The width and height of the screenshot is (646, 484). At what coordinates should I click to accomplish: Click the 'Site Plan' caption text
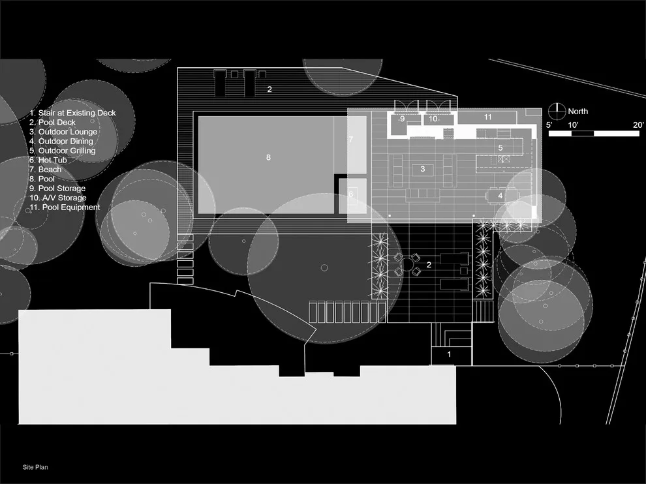(35, 467)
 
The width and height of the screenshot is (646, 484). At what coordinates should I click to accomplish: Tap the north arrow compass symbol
(557, 112)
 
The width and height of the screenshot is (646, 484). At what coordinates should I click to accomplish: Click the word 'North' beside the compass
(577, 112)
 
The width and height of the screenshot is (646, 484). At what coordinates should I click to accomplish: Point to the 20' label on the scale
(638, 125)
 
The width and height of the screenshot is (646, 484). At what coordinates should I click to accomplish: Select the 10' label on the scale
(573, 125)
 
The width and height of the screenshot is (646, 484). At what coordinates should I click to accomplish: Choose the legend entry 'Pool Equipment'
(64, 207)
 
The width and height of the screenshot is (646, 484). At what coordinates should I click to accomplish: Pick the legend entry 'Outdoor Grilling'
(62, 150)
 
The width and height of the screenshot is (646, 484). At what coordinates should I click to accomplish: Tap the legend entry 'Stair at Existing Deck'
(72, 113)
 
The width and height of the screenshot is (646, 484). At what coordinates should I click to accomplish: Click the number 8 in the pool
(268, 157)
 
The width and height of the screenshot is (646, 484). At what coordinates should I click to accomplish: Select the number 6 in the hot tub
(351, 194)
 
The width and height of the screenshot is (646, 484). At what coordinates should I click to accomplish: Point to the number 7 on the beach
(350, 140)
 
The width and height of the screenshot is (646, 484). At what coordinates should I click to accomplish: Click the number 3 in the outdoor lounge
(423, 168)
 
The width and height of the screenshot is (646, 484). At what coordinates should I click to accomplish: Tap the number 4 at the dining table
(500, 196)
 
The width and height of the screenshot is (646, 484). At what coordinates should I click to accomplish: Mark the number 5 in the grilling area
(500, 147)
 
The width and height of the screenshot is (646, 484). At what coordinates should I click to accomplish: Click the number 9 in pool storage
(402, 119)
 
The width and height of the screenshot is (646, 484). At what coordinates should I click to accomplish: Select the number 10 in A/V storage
(433, 119)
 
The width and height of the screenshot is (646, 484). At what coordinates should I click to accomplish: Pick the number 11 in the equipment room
(488, 117)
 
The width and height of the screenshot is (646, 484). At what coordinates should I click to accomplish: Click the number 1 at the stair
(449, 354)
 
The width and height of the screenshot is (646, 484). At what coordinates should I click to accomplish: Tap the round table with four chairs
(407, 264)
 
